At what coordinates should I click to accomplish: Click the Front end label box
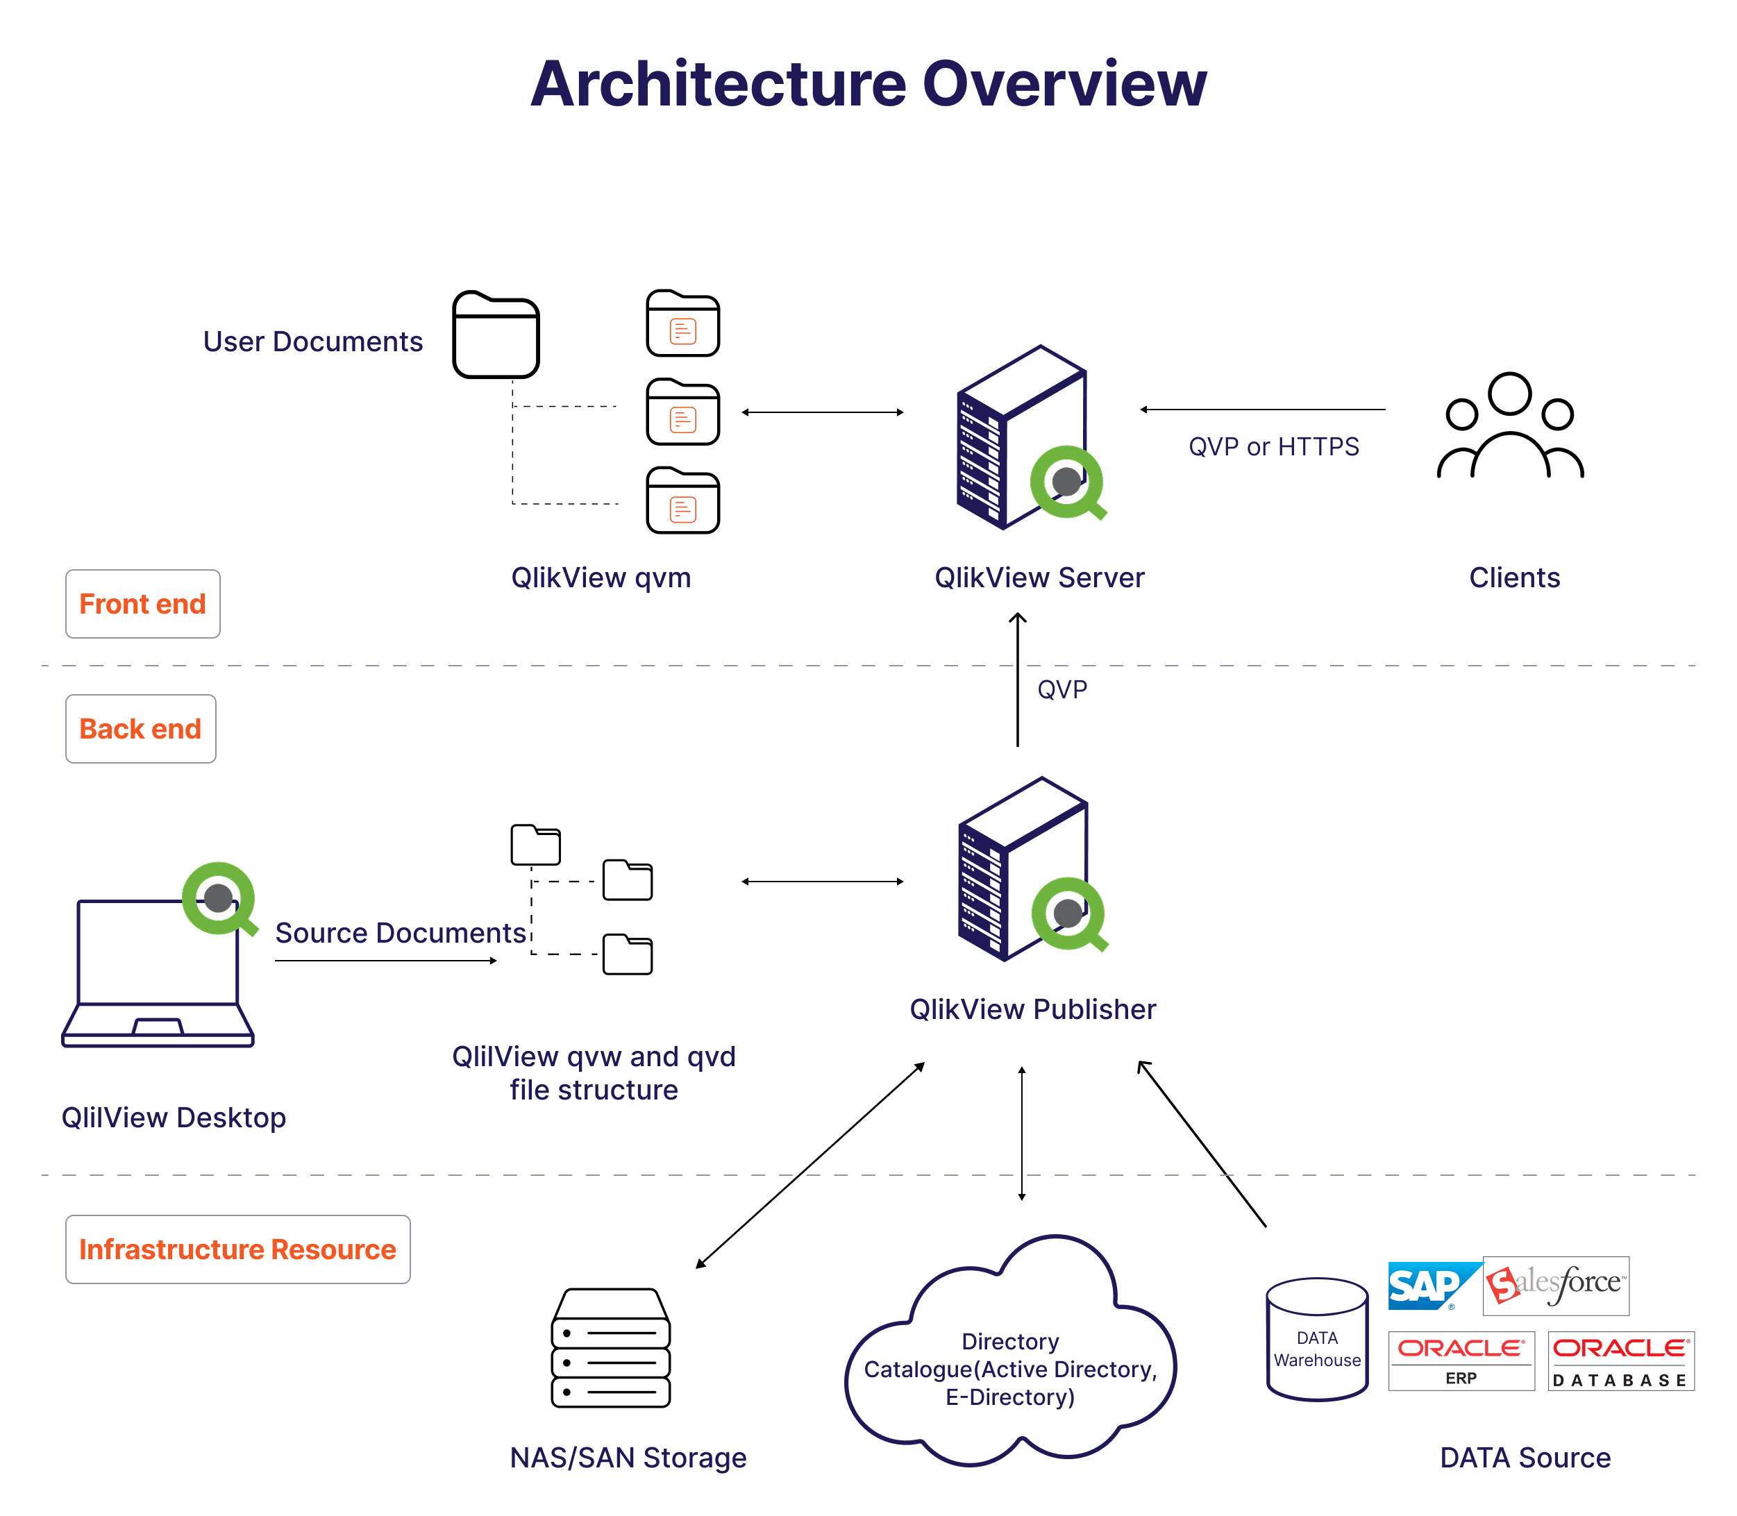pos(142,604)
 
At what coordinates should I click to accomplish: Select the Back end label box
pos(140,730)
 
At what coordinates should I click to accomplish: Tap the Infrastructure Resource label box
pos(237,1249)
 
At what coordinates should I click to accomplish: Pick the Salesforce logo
pos(1556,1285)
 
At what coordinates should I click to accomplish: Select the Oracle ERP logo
pos(1461,1361)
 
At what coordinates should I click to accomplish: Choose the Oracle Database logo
pos(1620,1361)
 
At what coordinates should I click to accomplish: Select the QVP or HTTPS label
pos(1273,447)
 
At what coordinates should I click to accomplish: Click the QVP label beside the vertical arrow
pos(1061,689)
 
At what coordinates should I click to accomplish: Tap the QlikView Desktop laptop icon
pos(158,964)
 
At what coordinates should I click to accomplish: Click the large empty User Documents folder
pos(496,335)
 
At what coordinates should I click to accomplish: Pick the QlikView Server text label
pos(1039,578)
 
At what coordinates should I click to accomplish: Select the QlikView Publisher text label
pos(1032,1009)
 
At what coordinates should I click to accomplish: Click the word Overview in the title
pos(1064,85)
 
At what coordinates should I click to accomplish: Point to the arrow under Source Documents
pos(386,961)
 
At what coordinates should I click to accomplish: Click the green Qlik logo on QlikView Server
pos(1067,482)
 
